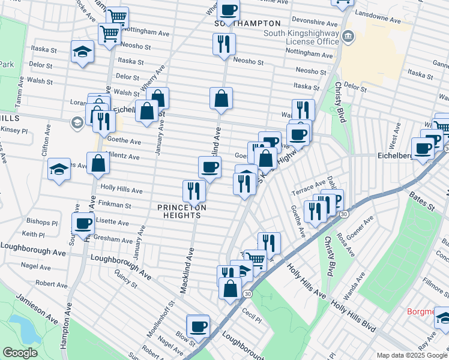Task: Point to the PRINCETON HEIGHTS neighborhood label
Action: point(182,211)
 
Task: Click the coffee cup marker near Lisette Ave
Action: point(83,224)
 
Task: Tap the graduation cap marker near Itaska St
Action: point(82,52)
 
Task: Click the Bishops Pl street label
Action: point(41,222)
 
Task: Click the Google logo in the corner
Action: point(20,353)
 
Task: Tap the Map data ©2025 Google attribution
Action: point(412,355)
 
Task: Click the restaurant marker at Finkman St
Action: point(194,191)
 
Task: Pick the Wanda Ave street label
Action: point(354,287)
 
